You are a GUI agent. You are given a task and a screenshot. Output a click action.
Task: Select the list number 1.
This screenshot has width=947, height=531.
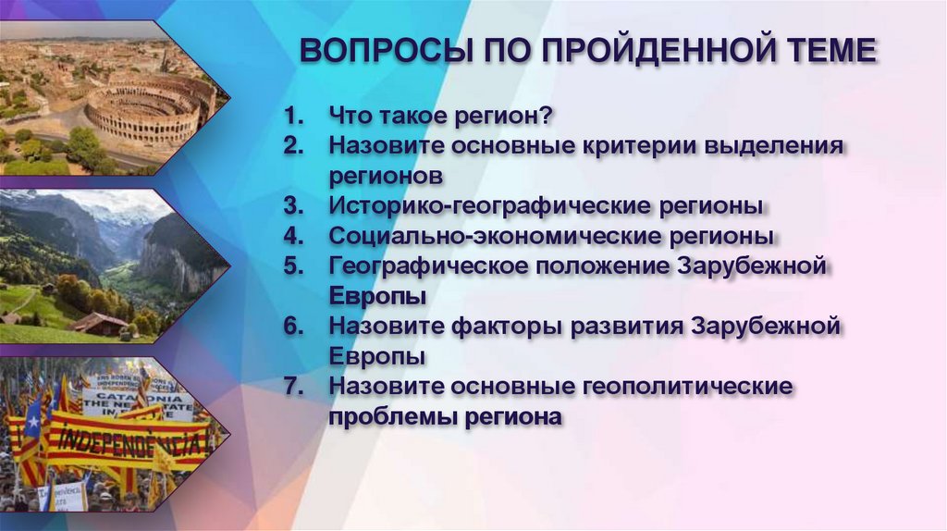[x=293, y=118]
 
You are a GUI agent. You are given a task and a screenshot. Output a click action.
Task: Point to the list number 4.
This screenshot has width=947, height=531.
[x=293, y=235]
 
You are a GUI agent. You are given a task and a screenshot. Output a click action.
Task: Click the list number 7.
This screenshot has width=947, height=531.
[x=293, y=386]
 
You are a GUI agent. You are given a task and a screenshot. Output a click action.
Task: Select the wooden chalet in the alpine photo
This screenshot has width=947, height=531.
[x=98, y=323]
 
